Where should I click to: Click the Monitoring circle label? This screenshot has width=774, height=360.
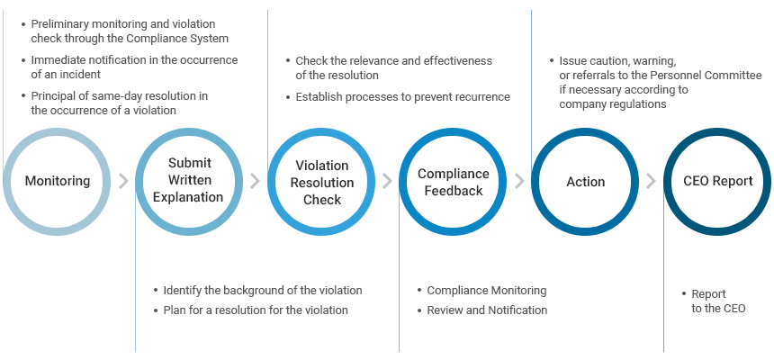point(58,181)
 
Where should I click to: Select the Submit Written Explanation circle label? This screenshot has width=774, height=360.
point(188,180)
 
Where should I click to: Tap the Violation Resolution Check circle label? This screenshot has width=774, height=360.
point(322,182)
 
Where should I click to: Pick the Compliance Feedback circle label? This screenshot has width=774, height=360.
point(453,182)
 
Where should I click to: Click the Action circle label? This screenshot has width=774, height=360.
point(585,181)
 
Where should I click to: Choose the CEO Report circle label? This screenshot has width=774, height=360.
point(717,181)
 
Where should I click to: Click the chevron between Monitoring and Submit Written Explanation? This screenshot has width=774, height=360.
point(123,181)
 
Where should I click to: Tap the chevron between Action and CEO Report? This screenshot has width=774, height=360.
point(651,181)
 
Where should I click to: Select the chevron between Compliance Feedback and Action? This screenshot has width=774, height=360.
point(519,181)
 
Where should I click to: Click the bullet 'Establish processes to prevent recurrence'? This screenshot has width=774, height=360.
point(402,97)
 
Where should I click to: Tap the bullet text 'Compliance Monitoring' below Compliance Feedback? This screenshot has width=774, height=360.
point(486,291)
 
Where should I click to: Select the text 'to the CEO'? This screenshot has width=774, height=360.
point(718,309)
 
